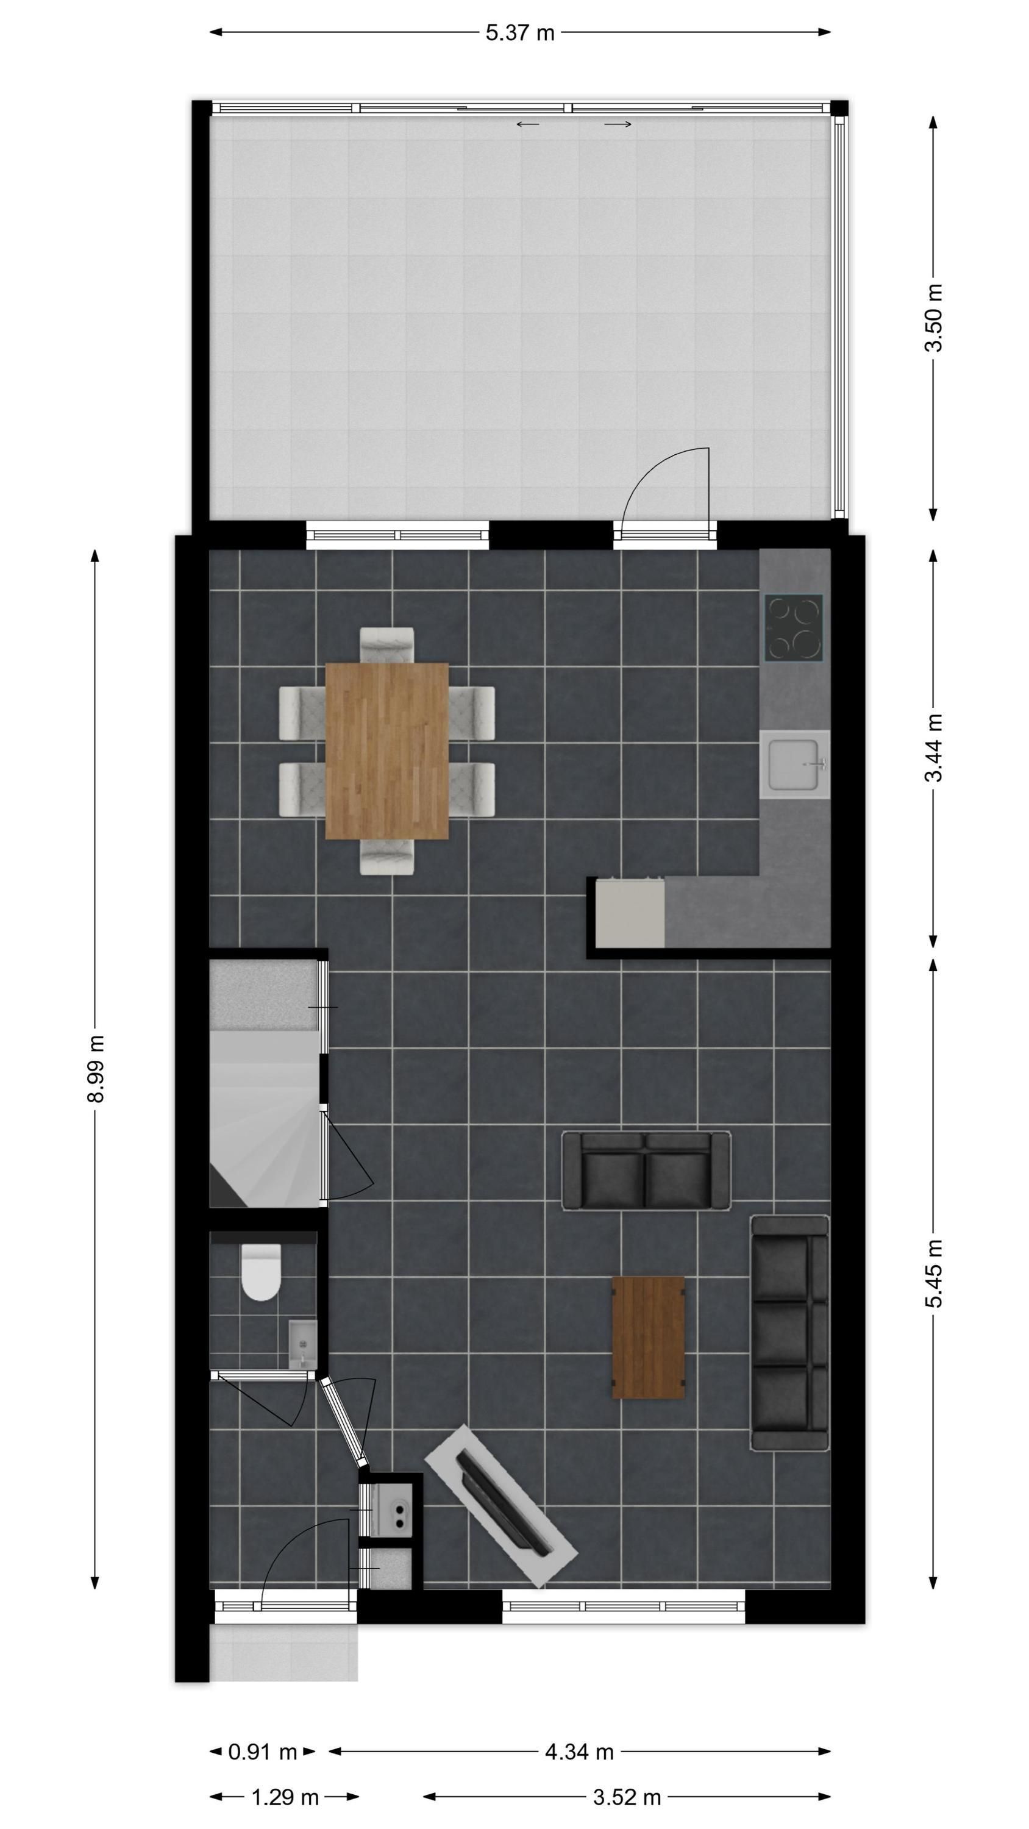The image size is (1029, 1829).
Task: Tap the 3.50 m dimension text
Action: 934,318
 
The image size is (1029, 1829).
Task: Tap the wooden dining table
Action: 387,751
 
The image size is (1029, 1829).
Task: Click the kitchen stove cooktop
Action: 794,627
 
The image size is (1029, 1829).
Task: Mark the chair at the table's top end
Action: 387,644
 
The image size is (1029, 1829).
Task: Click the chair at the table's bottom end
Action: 387,857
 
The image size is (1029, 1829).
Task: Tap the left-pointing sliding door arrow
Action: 528,124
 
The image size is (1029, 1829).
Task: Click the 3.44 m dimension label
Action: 934,747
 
